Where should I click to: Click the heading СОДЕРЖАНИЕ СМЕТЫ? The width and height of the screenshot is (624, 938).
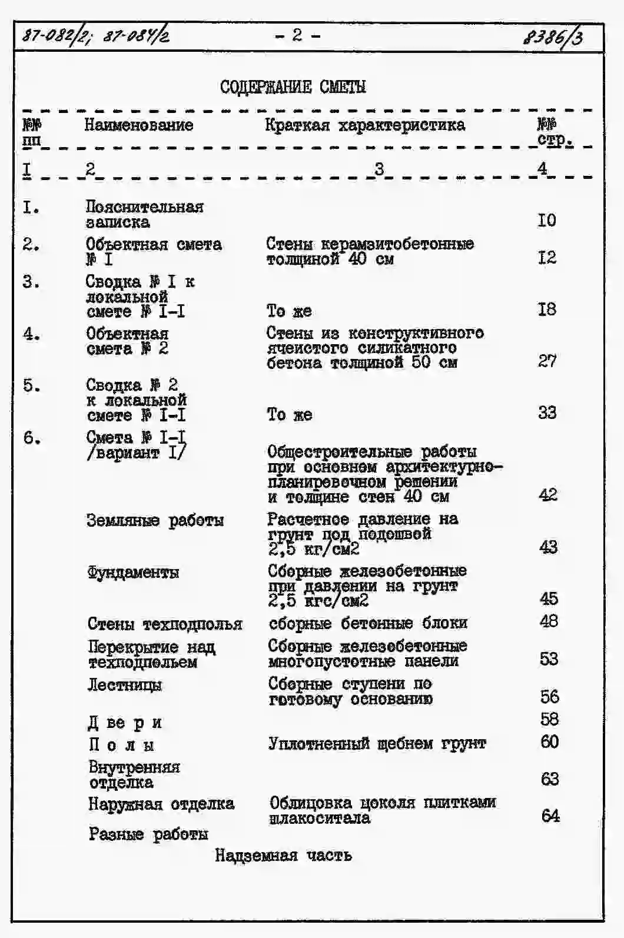coord(293,87)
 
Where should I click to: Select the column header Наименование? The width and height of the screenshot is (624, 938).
coord(138,125)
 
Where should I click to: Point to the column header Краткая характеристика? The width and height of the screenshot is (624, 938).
coord(364,125)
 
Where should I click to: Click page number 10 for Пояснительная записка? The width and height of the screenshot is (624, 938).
coord(546,221)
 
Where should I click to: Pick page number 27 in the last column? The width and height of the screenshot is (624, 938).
coord(547,361)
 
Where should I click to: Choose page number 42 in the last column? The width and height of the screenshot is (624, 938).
coord(547,495)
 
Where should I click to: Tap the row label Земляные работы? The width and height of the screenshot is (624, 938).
coord(155,521)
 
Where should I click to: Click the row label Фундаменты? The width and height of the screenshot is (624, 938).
coord(133,572)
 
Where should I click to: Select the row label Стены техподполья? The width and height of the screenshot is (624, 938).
coord(165,624)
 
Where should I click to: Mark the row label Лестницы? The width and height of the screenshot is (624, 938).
coord(125,685)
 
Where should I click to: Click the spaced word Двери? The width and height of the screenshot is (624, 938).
coord(125,723)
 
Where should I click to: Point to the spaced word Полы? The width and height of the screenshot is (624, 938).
coord(121,745)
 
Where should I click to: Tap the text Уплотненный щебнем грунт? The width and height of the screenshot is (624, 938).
coord(377,744)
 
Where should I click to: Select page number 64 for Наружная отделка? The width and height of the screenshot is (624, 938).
coord(550,816)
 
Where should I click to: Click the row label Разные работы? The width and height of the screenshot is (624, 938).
coord(148,834)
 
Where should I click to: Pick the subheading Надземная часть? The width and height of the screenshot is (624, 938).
coord(283,855)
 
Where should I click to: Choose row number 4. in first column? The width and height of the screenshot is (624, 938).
coord(31,334)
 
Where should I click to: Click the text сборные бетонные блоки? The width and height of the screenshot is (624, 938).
coord(368,623)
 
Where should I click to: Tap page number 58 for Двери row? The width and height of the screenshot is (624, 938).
coord(549,719)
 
